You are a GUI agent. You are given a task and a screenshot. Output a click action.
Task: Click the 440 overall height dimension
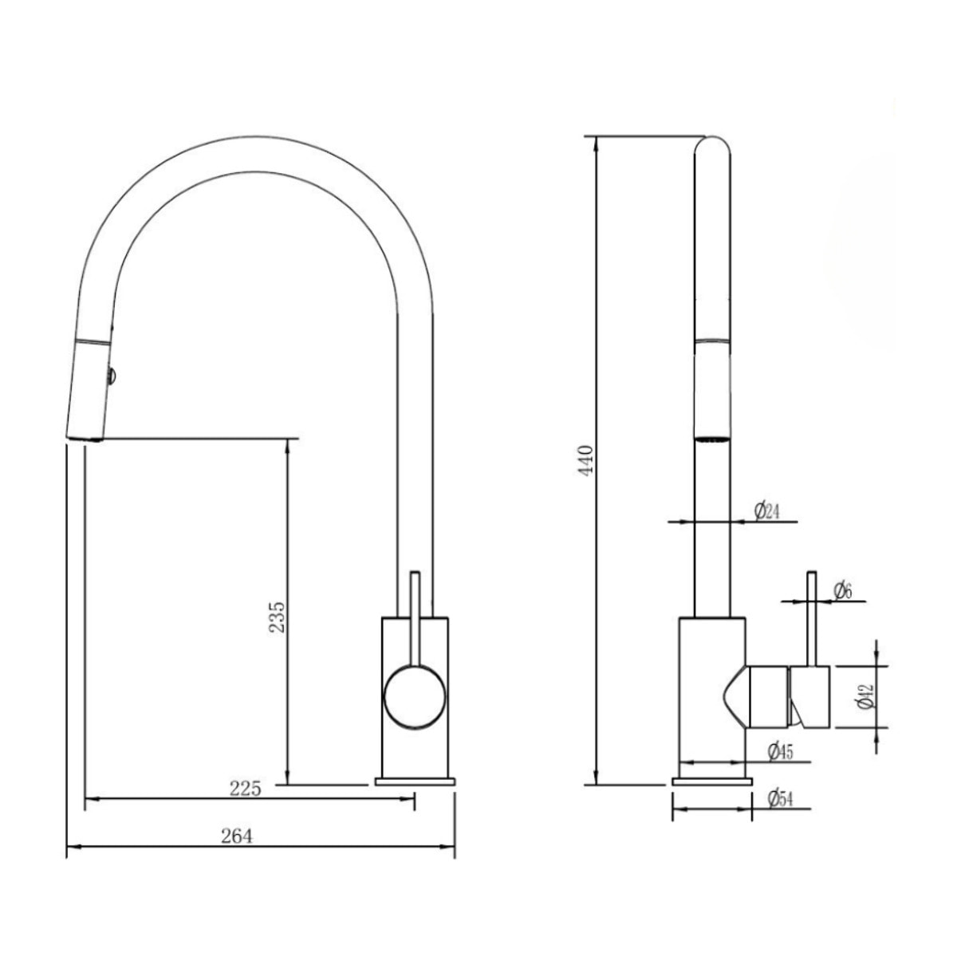tap(588, 460)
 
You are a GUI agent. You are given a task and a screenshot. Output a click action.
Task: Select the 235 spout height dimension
tap(276, 612)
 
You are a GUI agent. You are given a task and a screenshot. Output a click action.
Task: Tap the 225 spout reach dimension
tap(245, 789)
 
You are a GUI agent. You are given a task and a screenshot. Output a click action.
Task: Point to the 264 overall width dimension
tap(237, 837)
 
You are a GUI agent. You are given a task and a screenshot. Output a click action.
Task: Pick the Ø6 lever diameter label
tap(842, 590)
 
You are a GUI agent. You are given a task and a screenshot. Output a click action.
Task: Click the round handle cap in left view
tap(414, 696)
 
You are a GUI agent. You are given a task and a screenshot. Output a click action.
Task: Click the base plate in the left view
tap(415, 782)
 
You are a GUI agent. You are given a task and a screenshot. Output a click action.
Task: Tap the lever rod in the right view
tap(812, 618)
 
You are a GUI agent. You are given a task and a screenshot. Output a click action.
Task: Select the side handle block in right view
tap(790, 696)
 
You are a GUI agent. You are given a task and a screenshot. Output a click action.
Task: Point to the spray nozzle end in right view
tap(712, 437)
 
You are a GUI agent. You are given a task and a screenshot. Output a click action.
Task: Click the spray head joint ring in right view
tap(712, 342)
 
